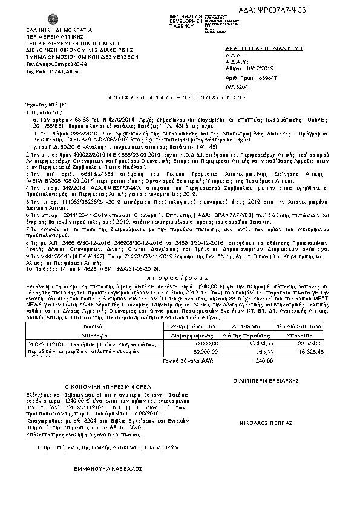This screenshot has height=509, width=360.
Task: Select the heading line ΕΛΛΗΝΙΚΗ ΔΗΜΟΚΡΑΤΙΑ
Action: (x=59, y=29)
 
